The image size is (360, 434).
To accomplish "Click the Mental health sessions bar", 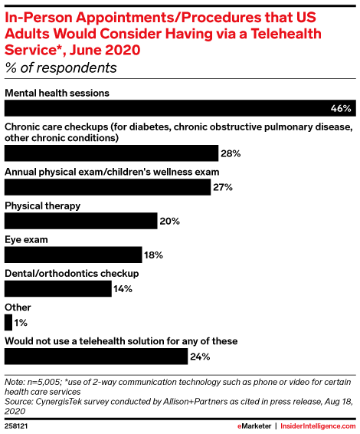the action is (x=180, y=108).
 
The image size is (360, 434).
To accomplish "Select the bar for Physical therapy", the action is (x=80, y=221).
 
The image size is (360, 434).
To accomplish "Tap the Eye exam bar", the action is (x=74, y=255).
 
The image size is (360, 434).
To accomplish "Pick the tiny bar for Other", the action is (x=8, y=323).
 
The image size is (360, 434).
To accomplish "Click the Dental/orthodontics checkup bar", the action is (x=58, y=288).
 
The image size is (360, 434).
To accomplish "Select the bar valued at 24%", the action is (x=96, y=357).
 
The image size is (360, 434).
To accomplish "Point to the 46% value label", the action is (x=341, y=108).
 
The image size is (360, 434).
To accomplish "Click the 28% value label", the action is (x=231, y=153).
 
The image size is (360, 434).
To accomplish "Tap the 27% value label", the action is (x=223, y=187).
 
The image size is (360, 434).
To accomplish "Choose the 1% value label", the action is (x=21, y=323).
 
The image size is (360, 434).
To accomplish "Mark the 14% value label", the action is (x=123, y=289).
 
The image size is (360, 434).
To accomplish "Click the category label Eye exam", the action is (x=26, y=240).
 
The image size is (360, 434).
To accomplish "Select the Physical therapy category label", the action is (x=43, y=206).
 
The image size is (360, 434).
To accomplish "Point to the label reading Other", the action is (x=18, y=307).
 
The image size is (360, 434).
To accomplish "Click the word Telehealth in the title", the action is (x=286, y=34).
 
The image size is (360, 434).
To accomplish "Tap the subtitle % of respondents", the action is (x=61, y=67).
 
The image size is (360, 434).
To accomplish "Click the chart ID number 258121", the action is (x=16, y=426).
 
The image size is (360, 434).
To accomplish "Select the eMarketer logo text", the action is (x=254, y=426).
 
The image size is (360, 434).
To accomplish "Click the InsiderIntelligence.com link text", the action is (x=318, y=426).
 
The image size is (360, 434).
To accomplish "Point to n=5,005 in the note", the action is (x=44, y=382).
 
